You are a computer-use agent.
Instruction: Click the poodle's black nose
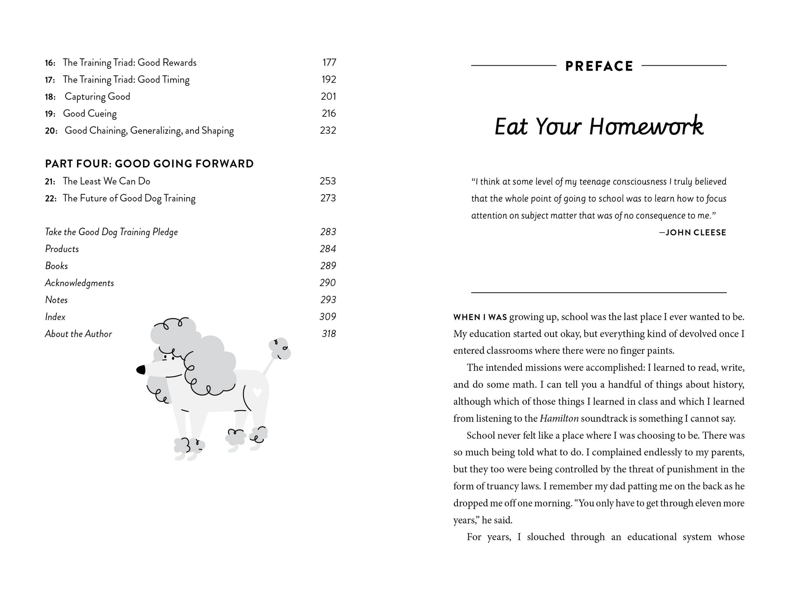141,369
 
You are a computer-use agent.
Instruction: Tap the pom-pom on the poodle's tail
280,348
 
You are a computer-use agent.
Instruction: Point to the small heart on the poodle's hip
256,392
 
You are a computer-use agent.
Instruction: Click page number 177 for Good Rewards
329,62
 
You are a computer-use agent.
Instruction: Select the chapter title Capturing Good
97,97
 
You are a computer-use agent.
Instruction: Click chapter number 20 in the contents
51,131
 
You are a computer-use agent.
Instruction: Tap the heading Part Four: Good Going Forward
149,164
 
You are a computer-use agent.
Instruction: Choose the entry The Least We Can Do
106,181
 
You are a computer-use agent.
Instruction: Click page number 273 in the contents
328,198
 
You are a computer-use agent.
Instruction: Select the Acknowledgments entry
79,283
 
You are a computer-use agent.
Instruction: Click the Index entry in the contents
55,317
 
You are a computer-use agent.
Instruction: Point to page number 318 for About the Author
328,334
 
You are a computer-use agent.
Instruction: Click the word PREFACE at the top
599,66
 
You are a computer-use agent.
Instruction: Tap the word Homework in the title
646,127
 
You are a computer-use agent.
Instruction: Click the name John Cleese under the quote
696,233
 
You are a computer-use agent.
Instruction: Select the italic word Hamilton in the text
559,418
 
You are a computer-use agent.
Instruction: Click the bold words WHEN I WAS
480,317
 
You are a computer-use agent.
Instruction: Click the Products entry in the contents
62,249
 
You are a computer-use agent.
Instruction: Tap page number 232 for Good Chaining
328,131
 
